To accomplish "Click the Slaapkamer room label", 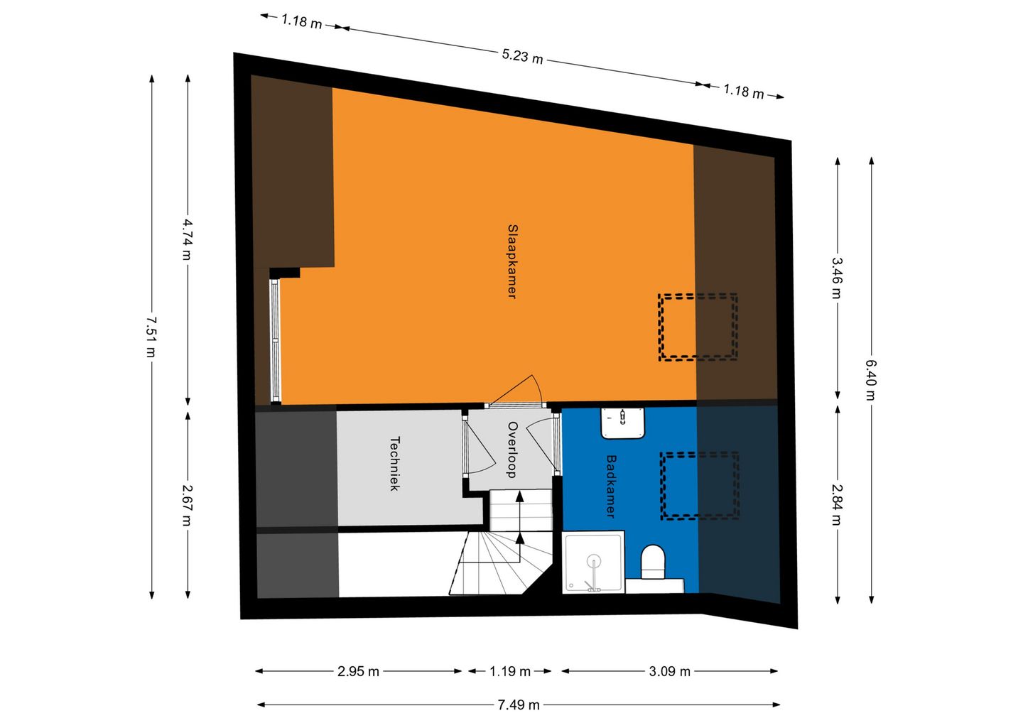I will [x=511, y=261].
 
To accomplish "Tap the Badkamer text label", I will [x=610, y=486].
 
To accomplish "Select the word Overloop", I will [x=511, y=450].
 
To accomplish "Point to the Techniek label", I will [x=395, y=463].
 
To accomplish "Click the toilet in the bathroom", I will [x=653, y=562].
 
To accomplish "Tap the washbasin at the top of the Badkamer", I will [x=623, y=423].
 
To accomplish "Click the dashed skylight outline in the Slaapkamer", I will [x=698, y=327].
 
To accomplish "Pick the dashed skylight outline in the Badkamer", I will [x=700, y=486].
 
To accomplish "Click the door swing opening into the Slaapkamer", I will [x=522, y=392].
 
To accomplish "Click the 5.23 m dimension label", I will [x=522, y=55].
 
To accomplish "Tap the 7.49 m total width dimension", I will [x=518, y=705].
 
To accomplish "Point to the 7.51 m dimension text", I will [x=151, y=337].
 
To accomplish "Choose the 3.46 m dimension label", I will [x=838, y=278].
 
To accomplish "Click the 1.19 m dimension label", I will [x=510, y=671].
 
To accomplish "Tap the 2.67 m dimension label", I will [x=188, y=504].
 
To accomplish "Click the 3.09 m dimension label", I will [x=669, y=671].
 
